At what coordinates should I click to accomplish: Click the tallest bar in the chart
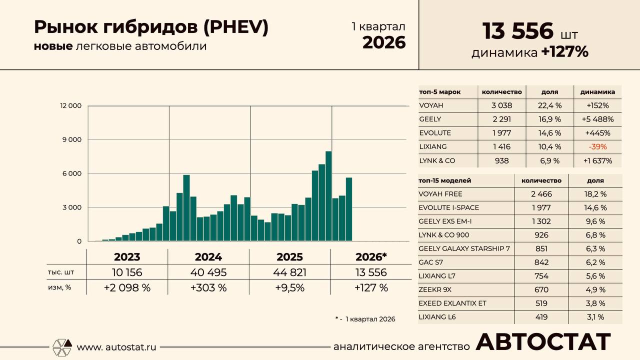tap(328, 196)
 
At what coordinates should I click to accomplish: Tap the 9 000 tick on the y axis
tap(72, 139)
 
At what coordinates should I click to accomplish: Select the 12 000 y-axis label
tap(70, 105)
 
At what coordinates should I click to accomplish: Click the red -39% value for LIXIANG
tap(597, 147)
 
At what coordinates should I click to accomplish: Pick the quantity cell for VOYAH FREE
tap(541, 194)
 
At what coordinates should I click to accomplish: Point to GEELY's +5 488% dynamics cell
tap(597, 119)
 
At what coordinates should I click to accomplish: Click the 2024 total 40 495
tap(208, 272)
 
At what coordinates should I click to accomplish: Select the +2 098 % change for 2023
tap(127, 287)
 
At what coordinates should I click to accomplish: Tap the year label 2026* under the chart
tap(371, 257)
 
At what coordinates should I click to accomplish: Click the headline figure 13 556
tap(517, 31)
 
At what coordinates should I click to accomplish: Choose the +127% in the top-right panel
tap(564, 51)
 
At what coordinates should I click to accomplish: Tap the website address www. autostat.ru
tap(116, 347)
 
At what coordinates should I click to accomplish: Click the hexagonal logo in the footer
tap(62, 347)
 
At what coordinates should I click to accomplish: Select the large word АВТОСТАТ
tap(543, 342)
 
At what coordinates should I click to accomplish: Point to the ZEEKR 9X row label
tap(435, 289)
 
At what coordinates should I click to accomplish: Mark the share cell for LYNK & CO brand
tap(549, 161)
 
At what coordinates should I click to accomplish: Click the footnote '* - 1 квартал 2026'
tap(365, 319)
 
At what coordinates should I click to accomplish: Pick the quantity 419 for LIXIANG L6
tap(541, 317)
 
